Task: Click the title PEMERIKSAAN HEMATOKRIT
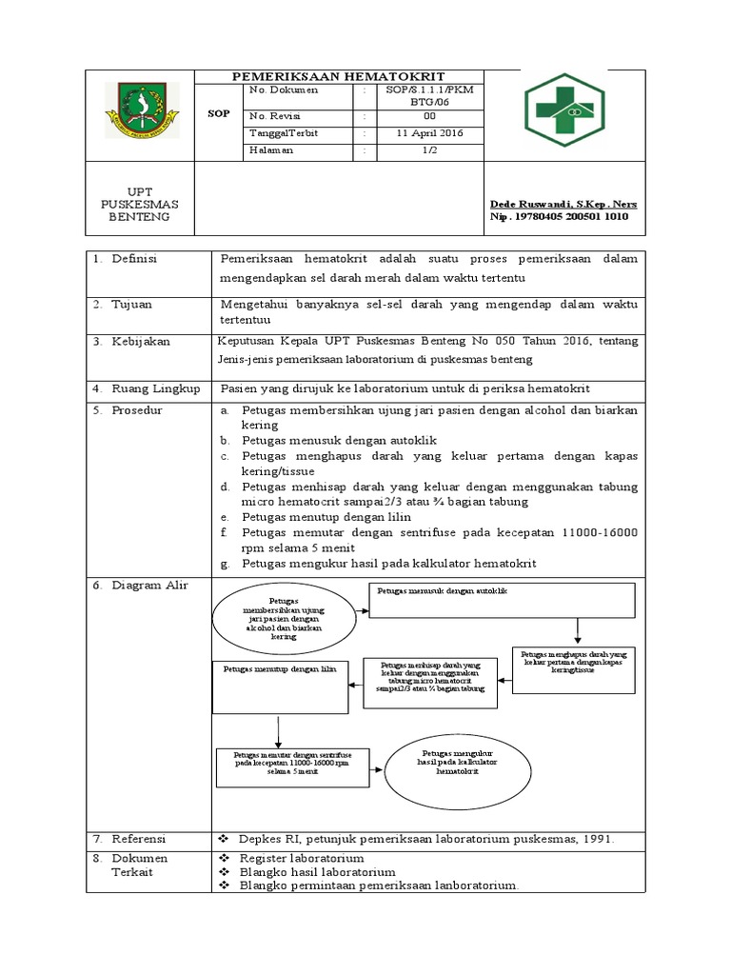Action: click(x=340, y=76)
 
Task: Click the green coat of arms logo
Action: click(x=140, y=112)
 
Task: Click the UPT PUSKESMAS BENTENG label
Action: click(x=139, y=204)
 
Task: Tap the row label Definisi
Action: click(x=134, y=259)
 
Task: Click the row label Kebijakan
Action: click(x=140, y=341)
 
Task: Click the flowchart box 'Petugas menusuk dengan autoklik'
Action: click(x=502, y=600)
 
